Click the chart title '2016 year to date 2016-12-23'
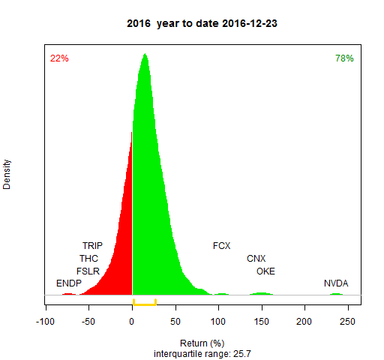pos(202,23)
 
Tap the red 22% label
pos(59,58)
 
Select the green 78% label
pos(344,58)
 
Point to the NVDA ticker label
pos(336,283)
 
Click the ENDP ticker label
pos(69,283)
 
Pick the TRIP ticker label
pos(92,246)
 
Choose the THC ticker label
pos(88,259)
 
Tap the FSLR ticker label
pos(88,271)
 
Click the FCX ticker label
pos(221,246)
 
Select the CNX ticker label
pos(256,259)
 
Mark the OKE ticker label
pos(265,271)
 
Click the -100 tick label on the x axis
pos(45,322)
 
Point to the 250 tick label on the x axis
pos(347,322)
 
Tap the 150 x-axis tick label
pos(262,322)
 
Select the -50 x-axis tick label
pos(88,322)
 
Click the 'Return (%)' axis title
pos(202,343)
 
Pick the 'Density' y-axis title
pos(7,175)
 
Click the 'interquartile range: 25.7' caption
pos(202,354)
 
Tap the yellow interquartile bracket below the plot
pos(145,304)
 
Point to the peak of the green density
pos(145,53)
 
